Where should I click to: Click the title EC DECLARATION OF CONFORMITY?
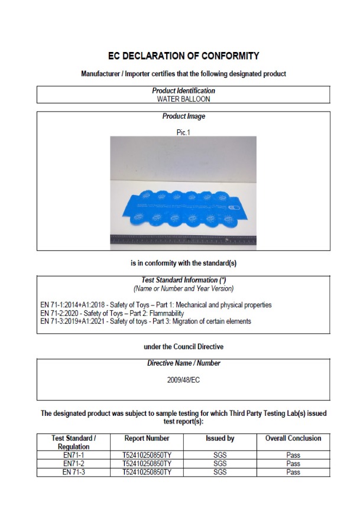click(x=183, y=56)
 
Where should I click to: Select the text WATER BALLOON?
click(x=183, y=99)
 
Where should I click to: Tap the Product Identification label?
click(x=183, y=91)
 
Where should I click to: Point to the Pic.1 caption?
click(x=183, y=132)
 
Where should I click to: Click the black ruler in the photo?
click(x=183, y=240)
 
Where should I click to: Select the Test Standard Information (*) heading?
click(x=183, y=281)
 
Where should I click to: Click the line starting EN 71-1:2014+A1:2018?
click(x=156, y=305)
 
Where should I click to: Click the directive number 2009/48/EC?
click(x=183, y=380)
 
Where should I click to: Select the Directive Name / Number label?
click(x=183, y=363)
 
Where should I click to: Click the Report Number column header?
click(x=147, y=438)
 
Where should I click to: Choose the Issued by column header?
click(x=220, y=438)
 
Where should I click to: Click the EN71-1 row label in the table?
click(x=74, y=456)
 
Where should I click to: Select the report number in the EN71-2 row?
click(x=147, y=464)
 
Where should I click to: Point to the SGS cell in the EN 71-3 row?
click(x=220, y=473)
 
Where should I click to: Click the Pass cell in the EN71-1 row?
click(x=293, y=456)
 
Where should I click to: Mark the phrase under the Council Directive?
click(x=183, y=346)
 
